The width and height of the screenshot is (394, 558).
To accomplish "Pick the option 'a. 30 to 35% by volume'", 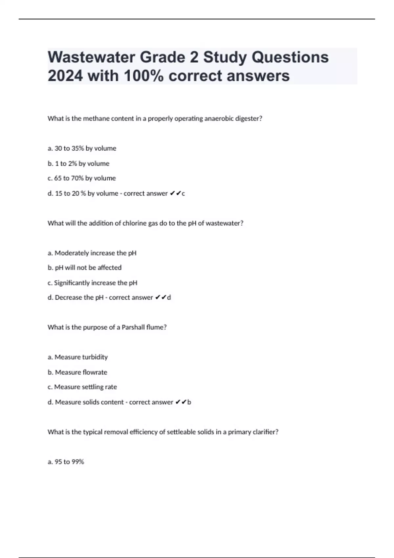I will [82, 148].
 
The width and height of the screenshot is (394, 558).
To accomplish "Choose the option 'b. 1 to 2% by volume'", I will [78, 163].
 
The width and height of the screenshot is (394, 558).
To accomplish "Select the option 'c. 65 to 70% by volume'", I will [82, 178].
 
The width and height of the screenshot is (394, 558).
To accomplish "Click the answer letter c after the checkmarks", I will [183, 194].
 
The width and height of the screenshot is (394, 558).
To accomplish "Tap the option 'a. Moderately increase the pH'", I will [92, 253].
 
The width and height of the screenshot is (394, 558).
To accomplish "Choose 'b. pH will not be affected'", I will [84, 268].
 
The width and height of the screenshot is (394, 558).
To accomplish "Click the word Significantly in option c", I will [72, 283].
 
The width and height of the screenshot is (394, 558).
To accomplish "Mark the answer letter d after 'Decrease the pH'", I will [169, 297].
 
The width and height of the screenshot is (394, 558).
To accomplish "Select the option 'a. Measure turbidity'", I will [77, 357].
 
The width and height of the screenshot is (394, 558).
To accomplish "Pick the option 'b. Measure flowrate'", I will [77, 372].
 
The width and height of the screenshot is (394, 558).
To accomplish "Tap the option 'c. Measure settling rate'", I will [82, 387].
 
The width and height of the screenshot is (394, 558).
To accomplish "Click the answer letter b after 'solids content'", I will [189, 402].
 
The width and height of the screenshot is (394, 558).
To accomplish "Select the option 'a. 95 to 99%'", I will [66, 462].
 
